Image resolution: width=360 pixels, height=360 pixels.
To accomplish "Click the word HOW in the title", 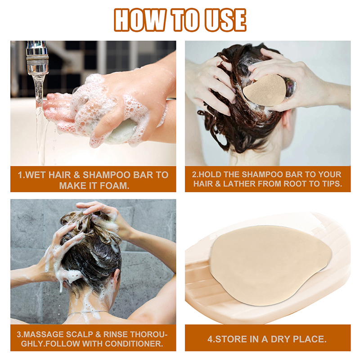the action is point(140,20).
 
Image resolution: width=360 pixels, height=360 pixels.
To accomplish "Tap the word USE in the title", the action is point(225,20).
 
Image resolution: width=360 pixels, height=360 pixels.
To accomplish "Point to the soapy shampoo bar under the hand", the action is point(121,132).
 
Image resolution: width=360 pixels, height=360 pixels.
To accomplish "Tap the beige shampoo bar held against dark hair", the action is point(265,90).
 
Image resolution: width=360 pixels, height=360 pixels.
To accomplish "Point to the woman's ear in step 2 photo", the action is point(288,119).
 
